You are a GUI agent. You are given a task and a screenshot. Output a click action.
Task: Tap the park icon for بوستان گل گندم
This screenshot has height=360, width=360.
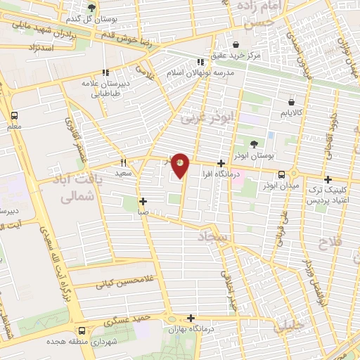[x=92, y=8]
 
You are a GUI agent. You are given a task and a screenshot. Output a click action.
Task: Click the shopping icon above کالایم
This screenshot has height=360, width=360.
[x=290, y=103]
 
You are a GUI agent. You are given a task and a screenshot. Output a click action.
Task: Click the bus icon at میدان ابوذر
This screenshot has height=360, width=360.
[x=281, y=174]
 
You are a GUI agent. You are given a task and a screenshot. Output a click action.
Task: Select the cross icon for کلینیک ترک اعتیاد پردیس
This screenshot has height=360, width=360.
[x=328, y=179]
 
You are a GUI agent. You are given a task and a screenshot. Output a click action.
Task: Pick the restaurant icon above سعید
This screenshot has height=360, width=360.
[x=124, y=162]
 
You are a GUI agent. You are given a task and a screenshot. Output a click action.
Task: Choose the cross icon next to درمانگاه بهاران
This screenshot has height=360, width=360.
[x=191, y=317]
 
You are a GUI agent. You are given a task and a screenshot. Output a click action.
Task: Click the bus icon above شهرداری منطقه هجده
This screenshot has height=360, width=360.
[x=83, y=330]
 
